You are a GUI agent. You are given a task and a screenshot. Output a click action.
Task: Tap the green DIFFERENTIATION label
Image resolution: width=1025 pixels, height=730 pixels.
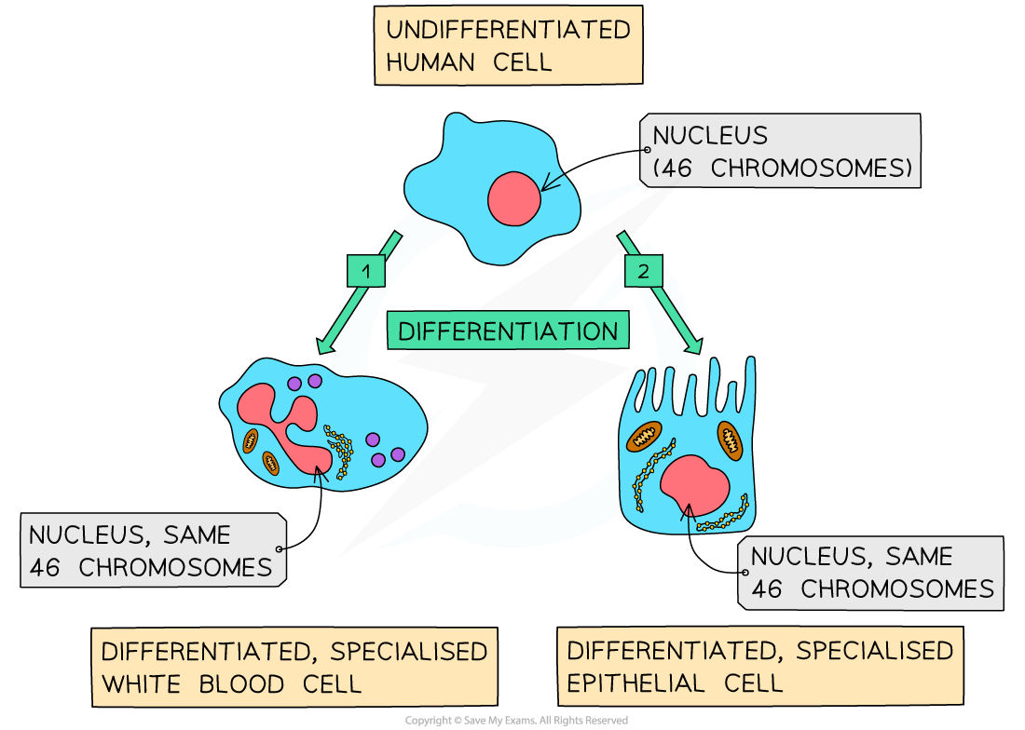tap(508, 331)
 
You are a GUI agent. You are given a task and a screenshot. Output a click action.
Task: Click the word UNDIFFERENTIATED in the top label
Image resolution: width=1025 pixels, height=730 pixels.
tap(508, 30)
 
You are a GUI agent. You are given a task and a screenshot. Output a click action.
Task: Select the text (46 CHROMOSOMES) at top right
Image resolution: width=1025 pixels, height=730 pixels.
tap(781, 169)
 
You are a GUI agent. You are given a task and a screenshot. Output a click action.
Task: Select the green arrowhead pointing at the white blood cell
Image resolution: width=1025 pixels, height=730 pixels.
tap(326, 346)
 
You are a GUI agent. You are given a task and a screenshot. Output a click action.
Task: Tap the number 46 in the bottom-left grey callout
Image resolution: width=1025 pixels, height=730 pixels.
tap(46, 567)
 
